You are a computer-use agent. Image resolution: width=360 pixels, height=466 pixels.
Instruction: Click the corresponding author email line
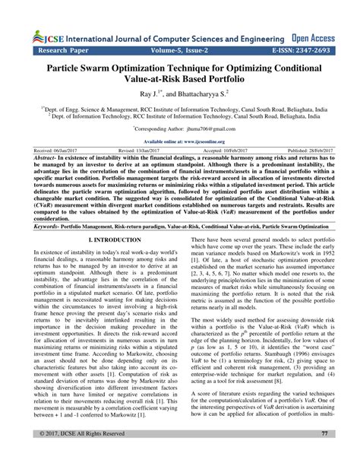[180, 129]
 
